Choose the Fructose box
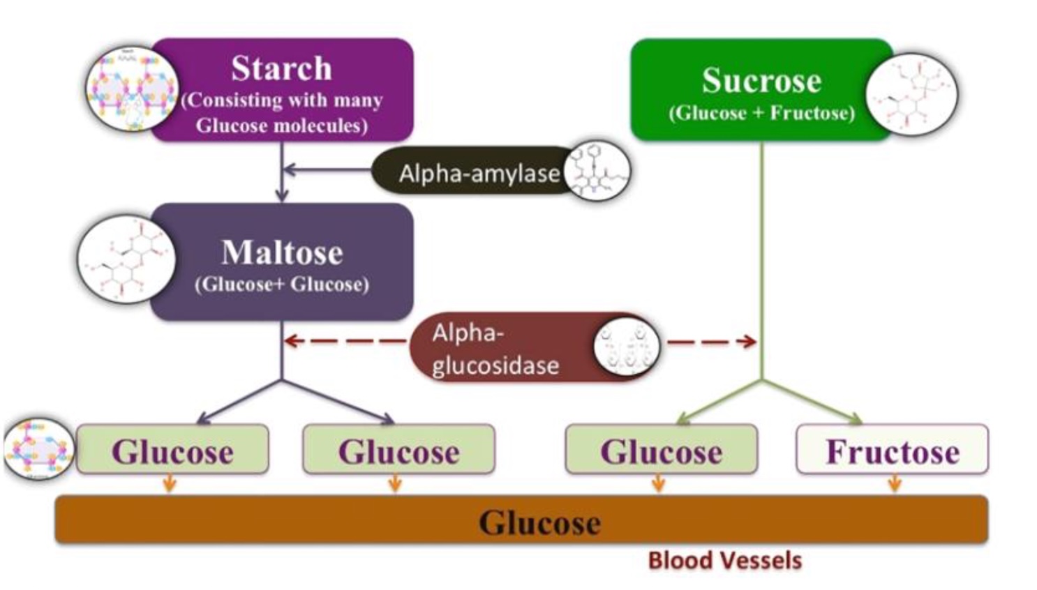[x=893, y=451]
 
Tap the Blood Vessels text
[x=724, y=561]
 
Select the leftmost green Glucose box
[x=172, y=451]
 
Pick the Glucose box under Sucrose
[x=661, y=451]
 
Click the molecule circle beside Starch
[x=130, y=89]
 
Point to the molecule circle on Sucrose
[x=911, y=94]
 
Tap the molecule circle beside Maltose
[x=126, y=259]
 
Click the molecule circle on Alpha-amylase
[x=597, y=171]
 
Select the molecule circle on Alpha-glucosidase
[x=626, y=347]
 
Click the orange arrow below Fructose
[x=894, y=483]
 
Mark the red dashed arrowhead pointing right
[x=749, y=341]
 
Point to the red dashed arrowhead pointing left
[x=291, y=341]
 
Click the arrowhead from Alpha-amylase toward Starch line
[x=289, y=169]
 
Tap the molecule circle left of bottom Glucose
[x=38, y=449]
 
